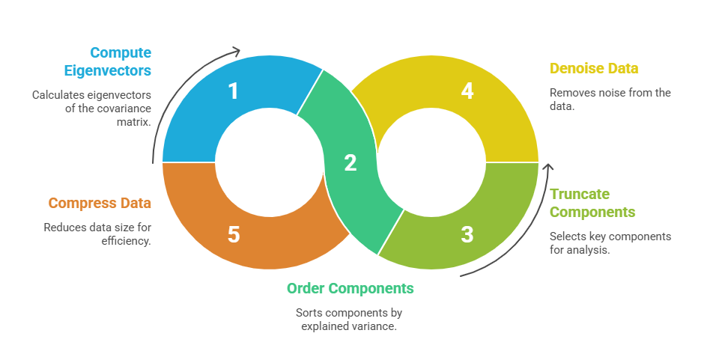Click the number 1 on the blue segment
[234, 91]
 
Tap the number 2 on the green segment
[350, 163]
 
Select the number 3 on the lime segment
[467, 234]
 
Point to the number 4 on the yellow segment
[467, 91]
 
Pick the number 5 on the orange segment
[234, 234]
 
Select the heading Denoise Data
[594, 69]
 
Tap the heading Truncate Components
[592, 202]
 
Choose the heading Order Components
[350, 288]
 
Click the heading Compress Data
[100, 203]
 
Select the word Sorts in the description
[309, 312]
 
